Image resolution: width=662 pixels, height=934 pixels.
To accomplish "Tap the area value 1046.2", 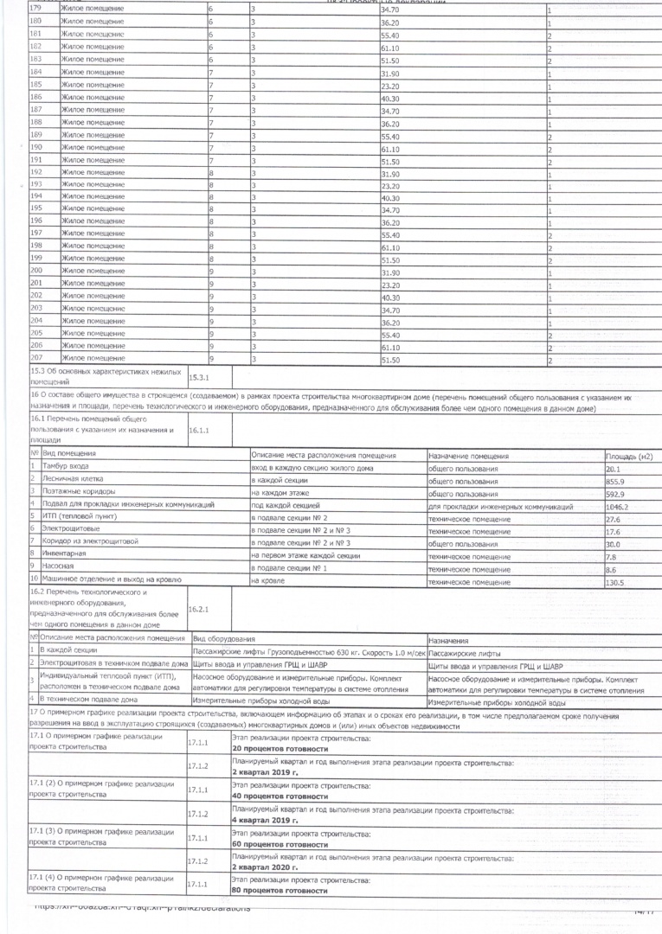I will click(x=618, y=507).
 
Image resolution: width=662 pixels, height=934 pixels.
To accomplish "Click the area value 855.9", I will click(x=615, y=481).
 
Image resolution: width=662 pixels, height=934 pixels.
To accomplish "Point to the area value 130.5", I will click(x=615, y=584).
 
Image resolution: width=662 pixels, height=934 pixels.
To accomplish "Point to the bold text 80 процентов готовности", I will click(x=280, y=890).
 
